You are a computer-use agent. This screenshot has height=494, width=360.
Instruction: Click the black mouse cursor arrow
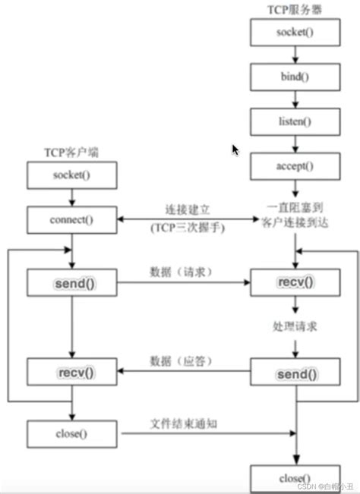point(236,149)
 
